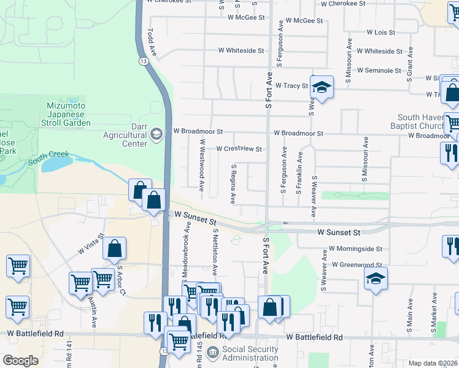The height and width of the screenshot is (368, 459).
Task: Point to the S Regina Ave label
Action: pos(233,183)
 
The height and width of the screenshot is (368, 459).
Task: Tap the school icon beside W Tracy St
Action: pos(321,88)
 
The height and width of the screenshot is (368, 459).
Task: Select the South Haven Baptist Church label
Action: pos(425,121)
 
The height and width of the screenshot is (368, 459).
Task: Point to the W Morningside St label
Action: pos(355,249)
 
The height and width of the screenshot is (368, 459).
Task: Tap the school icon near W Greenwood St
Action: pos(375,280)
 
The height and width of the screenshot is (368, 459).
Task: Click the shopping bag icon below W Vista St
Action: pos(114,250)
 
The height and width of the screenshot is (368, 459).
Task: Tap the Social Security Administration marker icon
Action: pos(212,352)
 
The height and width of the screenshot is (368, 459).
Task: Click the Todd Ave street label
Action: pos(152,42)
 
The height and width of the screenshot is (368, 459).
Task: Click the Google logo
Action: pos(20,361)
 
